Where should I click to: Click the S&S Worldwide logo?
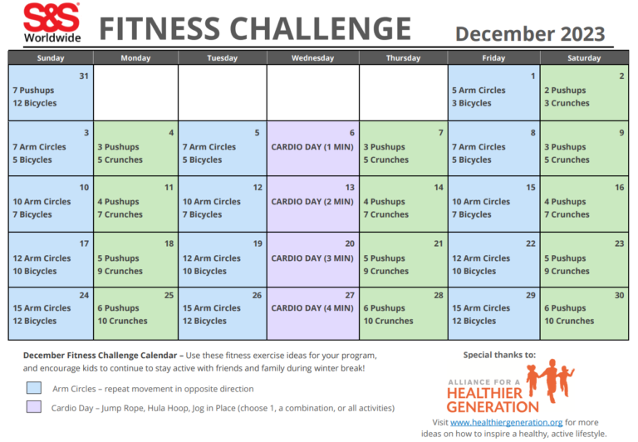tap(52, 22)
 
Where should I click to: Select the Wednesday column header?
tap(312, 58)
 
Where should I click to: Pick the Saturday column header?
tap(584, 58)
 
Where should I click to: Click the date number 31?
tap(83, 76)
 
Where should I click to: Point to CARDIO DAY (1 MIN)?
tap(313, 147)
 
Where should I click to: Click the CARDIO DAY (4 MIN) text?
tap(313, 308)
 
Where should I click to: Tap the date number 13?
tap(350, 188)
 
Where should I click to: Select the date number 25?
tap(169, 295)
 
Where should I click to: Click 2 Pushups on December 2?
tap(565, 91)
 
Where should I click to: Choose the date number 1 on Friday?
tap(532, 76)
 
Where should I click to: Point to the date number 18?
tap(169, 243)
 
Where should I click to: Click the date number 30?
tap(618, 295)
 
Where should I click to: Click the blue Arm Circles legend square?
tap(33, 388)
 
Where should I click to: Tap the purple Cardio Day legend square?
tap(33, 407)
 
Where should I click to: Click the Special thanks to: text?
tap(499, 354)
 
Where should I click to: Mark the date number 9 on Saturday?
tap(621, 132)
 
